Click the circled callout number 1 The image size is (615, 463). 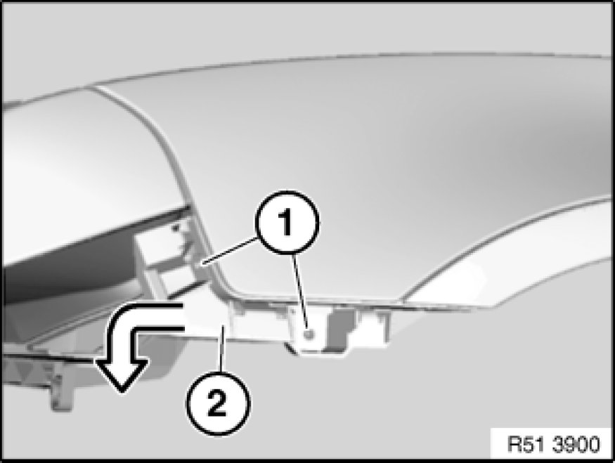(287, 222)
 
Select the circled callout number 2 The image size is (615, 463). (217, 403)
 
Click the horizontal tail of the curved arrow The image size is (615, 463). (157, 316)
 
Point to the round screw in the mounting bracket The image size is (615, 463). (309, 334)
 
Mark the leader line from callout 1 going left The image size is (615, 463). (228, 252)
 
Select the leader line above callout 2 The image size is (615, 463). (223, 348)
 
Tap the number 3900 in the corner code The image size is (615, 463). (576, 445)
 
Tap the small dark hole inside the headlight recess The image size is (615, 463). (176, 227)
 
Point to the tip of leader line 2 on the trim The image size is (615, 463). (223, 326)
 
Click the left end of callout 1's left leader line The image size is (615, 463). (201, 266)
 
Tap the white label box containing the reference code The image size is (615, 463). (552, 443)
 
